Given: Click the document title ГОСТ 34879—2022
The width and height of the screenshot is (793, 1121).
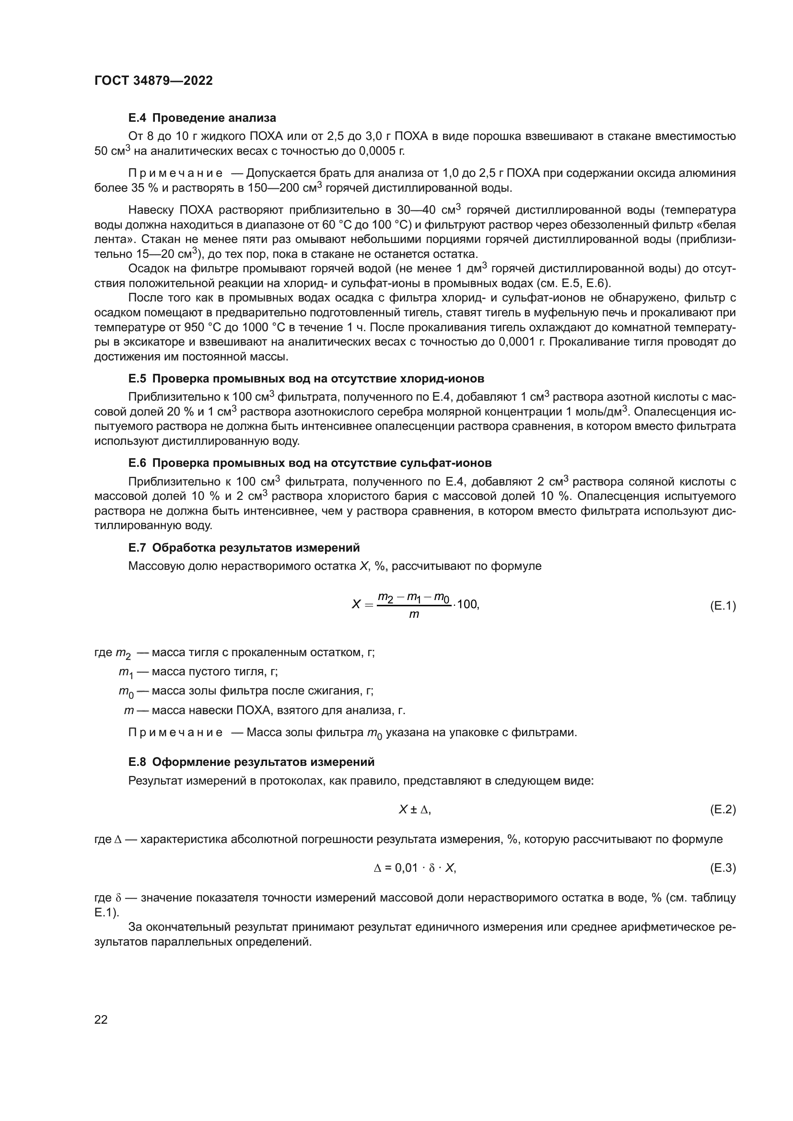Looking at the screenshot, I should [x=153, y=81].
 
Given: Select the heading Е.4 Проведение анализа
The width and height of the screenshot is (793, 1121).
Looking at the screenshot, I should [x=202, y=118].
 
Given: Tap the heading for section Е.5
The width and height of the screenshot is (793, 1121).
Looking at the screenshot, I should [x=306, y=379].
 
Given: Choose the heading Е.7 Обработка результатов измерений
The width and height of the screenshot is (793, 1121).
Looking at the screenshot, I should [x=244, y=548].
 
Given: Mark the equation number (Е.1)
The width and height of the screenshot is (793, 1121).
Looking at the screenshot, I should [x=722, y=606].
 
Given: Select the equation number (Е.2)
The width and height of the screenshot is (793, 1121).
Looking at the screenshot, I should [x=722, y=810].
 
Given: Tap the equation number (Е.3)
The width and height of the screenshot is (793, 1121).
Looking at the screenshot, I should [x=722, y=867].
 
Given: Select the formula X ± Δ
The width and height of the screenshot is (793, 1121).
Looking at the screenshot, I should [x=415, y=810].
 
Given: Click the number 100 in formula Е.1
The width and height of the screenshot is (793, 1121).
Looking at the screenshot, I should [x=467, y=604].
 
